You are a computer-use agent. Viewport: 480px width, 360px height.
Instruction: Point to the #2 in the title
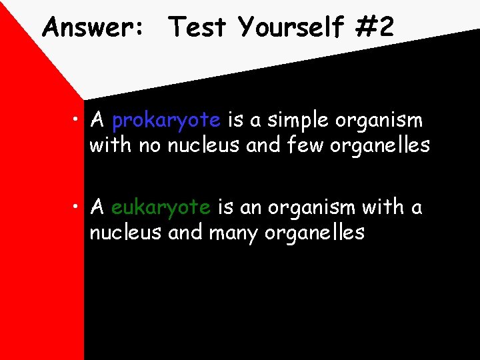[376, 28]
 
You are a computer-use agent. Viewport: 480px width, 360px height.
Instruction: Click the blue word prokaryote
[166, 121]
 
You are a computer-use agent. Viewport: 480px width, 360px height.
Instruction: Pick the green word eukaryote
[161, 208]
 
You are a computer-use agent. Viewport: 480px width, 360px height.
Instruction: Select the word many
[234, 233]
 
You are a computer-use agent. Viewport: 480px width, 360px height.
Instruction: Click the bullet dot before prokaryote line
[78, 121]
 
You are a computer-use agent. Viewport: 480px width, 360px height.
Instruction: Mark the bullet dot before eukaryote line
[78, 207]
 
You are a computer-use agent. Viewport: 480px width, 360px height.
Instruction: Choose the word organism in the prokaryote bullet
[379, 121]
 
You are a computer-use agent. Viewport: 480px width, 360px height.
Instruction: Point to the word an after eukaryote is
[250, 208]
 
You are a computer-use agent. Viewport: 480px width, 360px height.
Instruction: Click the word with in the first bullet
[111, 145]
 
